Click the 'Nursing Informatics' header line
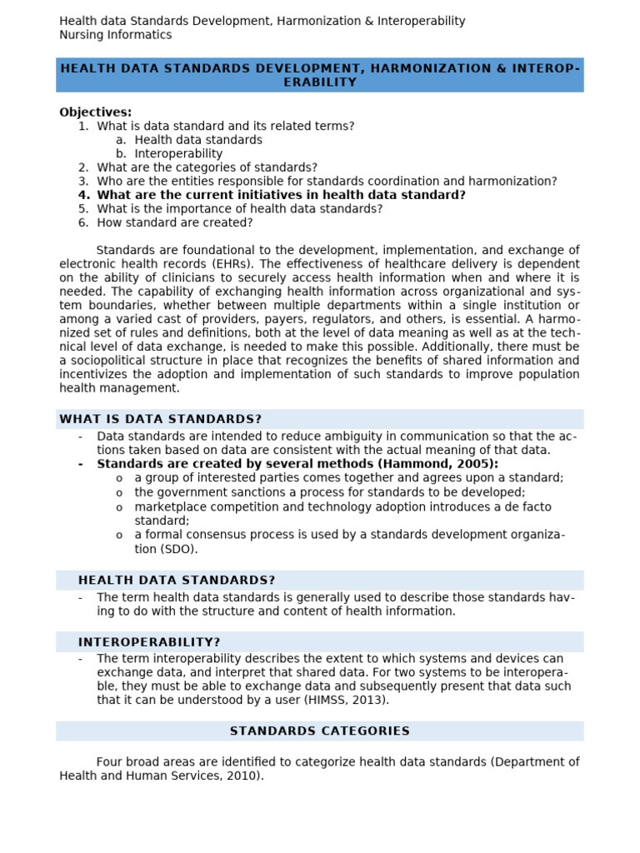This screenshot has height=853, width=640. click(x=115, y=35)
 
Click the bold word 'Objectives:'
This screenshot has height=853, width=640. click(x=95, y=112)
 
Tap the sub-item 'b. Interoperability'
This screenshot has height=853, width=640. click(x=177, y=154)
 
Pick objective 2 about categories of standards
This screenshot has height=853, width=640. click(x=206, y=167)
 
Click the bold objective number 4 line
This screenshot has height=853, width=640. click(x=280, y=195)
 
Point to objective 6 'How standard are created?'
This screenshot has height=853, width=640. click(x=174, y=222)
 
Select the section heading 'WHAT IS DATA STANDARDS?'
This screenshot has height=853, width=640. click(x=160, y=419)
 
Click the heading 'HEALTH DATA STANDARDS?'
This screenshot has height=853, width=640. click(x=176, y=580)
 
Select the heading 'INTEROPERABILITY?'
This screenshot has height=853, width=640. click(x=149, y=641)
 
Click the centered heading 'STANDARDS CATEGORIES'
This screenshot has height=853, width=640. click(x=319, y=731)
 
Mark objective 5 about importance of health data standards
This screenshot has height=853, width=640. click(x=239, y=208)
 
